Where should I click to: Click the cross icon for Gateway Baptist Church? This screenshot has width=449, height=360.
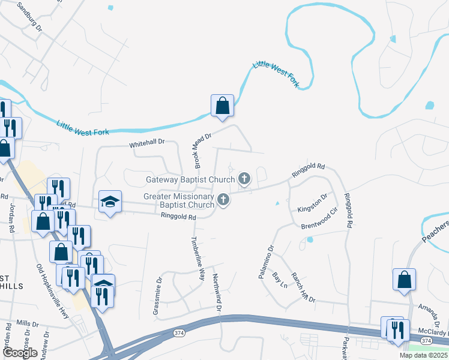tap(244, 178)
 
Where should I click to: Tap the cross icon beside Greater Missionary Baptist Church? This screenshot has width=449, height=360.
tap(223, 200)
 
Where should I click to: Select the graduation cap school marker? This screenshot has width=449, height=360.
tap(110, 202)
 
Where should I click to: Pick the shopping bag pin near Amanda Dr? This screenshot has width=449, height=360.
tap(404, 279)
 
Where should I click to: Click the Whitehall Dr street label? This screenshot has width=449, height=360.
tap(147, 145)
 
